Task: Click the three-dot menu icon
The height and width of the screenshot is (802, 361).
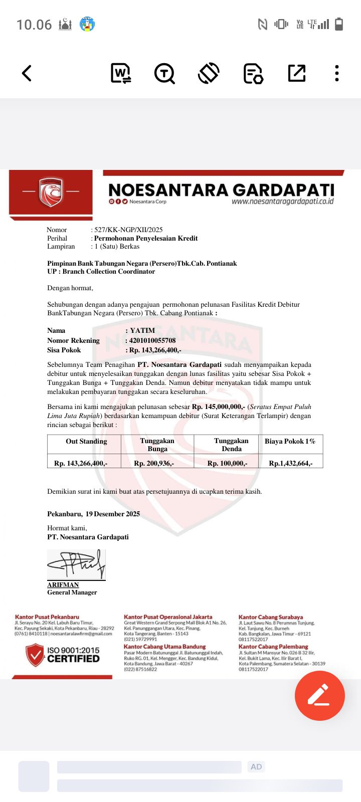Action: [x=337, y=73]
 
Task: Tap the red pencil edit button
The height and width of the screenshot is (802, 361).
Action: [x=319, y=695]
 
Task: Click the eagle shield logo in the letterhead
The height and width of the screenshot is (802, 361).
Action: [x=51, y=192]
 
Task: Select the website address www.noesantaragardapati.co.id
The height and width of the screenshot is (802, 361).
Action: [x=282, y=202]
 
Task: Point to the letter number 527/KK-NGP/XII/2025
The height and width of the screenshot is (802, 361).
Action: [x=128, y=230]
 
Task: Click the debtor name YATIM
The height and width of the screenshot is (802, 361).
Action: [x=142, y=331]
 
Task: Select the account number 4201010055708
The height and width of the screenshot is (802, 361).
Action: [x=152, y=341]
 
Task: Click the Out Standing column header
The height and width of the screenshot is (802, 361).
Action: [x=86, y=442]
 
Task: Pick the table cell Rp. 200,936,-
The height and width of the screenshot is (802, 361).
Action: [x=154, y=463]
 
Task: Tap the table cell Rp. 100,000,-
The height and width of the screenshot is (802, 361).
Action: [x=227, y=463]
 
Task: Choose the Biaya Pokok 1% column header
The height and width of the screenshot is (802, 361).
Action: [x=290, y=442]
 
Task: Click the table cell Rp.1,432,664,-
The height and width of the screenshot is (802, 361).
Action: [x=290, y=463]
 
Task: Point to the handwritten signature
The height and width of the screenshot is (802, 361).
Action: [x=76, y=564]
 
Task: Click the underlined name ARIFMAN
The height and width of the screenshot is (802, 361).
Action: [x=63, y=585]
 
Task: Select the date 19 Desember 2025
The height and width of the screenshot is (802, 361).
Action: [x=113, y=514]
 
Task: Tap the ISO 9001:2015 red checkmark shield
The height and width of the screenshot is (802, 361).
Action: [x=35, y=655]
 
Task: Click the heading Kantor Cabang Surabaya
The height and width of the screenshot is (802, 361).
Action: [x=271, y=617]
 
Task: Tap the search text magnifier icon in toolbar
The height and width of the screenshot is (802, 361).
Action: [x=164, y=73]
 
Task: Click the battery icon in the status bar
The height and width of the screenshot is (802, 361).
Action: [x=339, y=24]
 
